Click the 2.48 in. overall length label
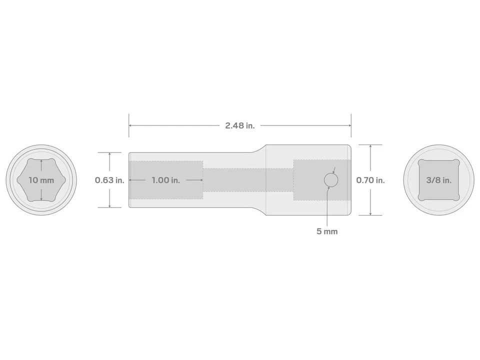pyautogui.click(x=239, y=125)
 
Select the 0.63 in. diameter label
pyautogui.click(x=109, y=180)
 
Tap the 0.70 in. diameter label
pyautogui.click(x=370, y=180)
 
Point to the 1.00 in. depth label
pyautogui.click(x=165, y=180)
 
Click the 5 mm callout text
pyautogui.click(x=327, y=231)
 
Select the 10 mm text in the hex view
pyautogui.click(x=41, y=180)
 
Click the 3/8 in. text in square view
pyautogui.click(x=438, y=180)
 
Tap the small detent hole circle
pyautogui.click(x=331, y=180)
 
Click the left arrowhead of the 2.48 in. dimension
pyautogui.click(x=131, y=125)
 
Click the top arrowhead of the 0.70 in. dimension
pyautogui.click(x=370, y=146)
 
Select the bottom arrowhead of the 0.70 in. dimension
pyautogui.click(x=370, y=213)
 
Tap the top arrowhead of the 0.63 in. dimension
pyautogui.click(x=109, y=154)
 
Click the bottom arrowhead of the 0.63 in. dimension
pyautogui.click(x=109, y=205)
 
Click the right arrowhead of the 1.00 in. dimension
pyautogui.click(x=201, y=180)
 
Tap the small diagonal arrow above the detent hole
pyautogui.click(x=334, y=170)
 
